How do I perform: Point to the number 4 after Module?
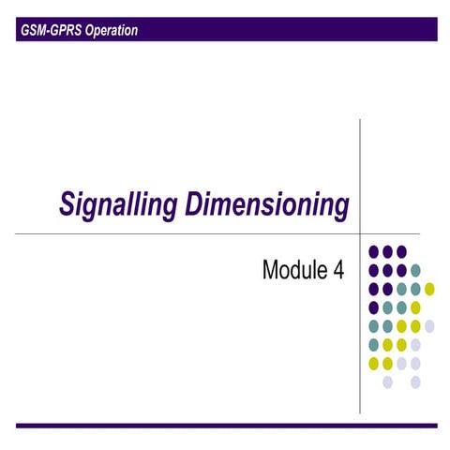click(x=338, y=271)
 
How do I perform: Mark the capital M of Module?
click(x=271, y=271)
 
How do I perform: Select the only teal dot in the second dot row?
click(x=415, y=270)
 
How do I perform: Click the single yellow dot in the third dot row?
click(x=429, y=289)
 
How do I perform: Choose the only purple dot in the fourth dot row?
click(x=374, y=307)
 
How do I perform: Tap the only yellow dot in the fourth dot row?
click(x=415, y=307)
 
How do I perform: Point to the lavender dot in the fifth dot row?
click(x=429, y=326)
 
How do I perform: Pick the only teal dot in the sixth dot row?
click(x=374, y=345)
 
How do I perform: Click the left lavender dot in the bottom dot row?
click(x=387, y=382)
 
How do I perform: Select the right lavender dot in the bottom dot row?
click(x=415, y=382)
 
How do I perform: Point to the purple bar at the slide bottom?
click(x=225, y=426)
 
